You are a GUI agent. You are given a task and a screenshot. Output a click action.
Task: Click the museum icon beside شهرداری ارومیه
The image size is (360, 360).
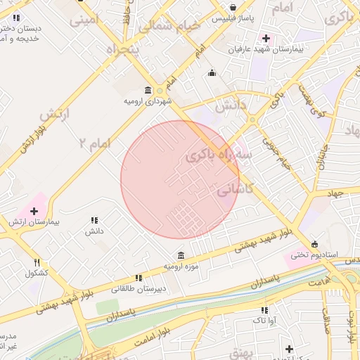[148, 90]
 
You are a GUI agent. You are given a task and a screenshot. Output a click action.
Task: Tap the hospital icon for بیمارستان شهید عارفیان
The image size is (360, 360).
[265, 38]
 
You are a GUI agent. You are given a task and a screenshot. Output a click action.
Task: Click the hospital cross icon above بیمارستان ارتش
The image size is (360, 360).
[34, 211]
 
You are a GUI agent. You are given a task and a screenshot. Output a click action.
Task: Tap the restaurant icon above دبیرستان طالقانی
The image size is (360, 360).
[139, 278]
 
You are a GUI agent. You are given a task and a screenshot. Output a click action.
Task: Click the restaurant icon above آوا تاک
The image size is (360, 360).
[264, 310]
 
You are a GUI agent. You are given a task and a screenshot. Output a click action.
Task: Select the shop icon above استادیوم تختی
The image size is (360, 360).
[314, 243]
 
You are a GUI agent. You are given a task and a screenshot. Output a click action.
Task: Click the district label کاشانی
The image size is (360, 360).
[236, 189]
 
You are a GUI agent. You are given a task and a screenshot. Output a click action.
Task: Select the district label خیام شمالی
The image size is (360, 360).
[169, 27]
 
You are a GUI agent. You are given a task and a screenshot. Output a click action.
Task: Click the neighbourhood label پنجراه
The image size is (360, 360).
[123, 50]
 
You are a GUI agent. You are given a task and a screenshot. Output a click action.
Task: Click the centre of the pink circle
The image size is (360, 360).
[180, 180]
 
